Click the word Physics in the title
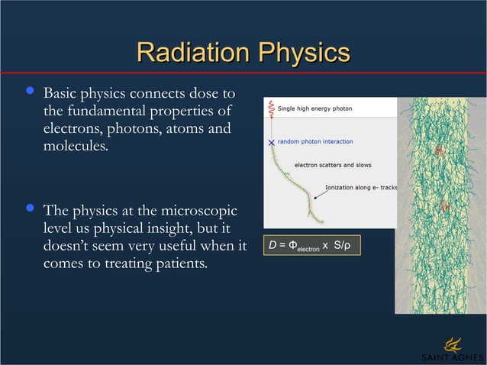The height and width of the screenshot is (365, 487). pos(304,53)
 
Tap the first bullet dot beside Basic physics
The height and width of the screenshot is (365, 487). pos(30,93)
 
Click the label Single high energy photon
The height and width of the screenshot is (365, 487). pos(314,108)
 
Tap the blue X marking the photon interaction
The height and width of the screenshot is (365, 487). pos(271,142)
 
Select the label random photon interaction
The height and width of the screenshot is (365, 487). pos(314,141)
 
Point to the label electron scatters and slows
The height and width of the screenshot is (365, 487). pos(333,164)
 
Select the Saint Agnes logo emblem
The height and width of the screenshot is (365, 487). pos(453,342)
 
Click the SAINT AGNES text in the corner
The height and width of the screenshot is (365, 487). pos(452,358)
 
